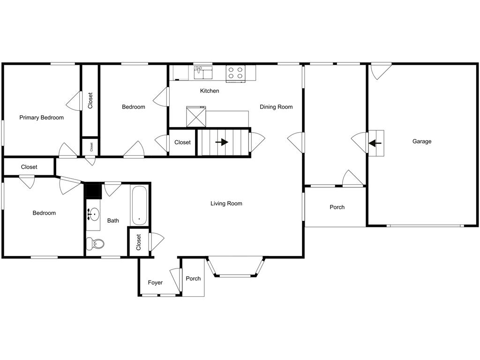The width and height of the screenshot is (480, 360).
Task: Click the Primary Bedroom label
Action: coord(41,118)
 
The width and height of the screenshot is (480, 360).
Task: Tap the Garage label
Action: coord(422,142)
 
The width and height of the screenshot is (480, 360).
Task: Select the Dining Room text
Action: coord(276,107)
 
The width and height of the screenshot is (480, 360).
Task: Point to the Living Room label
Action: coord(226,203)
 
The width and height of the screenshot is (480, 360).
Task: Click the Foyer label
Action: coord(155,283)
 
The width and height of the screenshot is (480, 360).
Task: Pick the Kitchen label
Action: coord(210,91)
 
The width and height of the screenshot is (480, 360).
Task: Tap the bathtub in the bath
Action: coord(140,206)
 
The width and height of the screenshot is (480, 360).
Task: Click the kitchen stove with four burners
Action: coord(235,73)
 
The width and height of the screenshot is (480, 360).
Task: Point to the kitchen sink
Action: coord(203,73)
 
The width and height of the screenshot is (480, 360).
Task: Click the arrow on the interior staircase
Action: coord(222,142)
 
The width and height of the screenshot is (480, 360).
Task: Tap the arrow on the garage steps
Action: coord(376,143)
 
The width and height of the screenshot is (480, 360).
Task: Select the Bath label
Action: coord(113,221)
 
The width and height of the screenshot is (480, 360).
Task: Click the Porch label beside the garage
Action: coord(337,207)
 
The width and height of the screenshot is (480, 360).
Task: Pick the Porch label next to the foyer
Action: coord(193,278)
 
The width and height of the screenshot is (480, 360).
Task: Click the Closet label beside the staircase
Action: coord(182,142)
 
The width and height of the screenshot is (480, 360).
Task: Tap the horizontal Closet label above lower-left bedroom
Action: coord(29,167)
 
